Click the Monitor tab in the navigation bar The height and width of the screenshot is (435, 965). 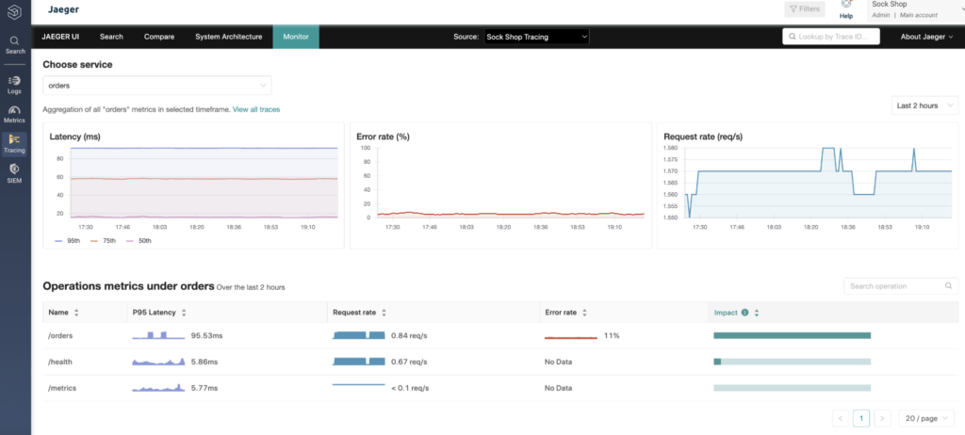point(296,37)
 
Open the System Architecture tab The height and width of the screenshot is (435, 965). point(229,37)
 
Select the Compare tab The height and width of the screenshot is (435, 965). point(159,37)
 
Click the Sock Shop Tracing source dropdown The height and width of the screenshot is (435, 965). point(536,37)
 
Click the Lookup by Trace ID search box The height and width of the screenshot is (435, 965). point(831,37)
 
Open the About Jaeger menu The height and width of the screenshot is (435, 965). point(927,37)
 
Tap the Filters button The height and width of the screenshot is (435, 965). point(805,9)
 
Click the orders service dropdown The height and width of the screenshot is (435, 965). point(157,86)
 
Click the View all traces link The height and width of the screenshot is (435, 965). point(256,109)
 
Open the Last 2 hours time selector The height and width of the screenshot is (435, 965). point(924,105)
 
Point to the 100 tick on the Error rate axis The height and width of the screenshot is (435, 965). point(366,148)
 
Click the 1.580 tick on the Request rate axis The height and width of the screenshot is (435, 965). point(671,148)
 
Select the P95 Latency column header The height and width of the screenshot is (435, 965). point(155,313)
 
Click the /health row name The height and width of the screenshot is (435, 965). point(60,362)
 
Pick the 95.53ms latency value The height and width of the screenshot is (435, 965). point(206,336)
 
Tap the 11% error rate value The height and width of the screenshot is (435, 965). point(611,336)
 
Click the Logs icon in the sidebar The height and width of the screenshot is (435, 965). point(15,85)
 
